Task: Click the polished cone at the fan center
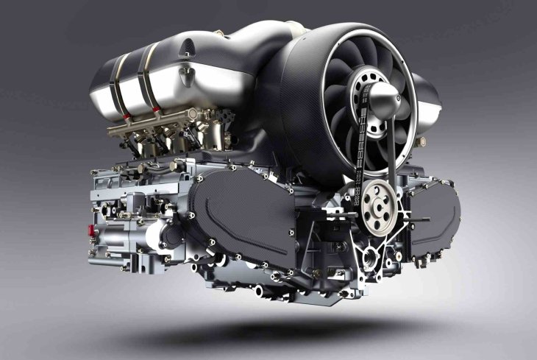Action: (x=386, y=93)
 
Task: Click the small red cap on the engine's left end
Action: (x=92, y=230)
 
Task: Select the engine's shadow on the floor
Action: (x=294, y=328)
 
